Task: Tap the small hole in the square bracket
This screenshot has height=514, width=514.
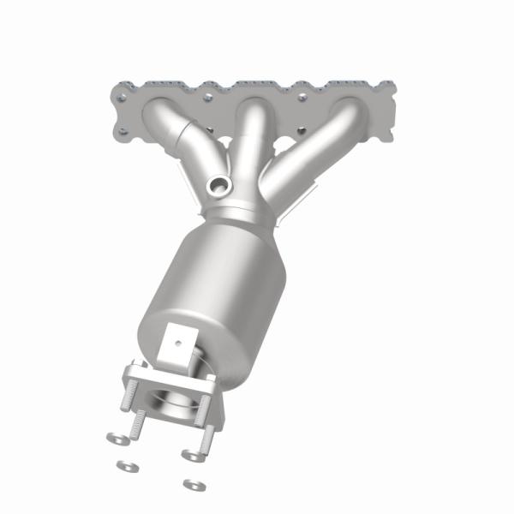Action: [179, 340]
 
